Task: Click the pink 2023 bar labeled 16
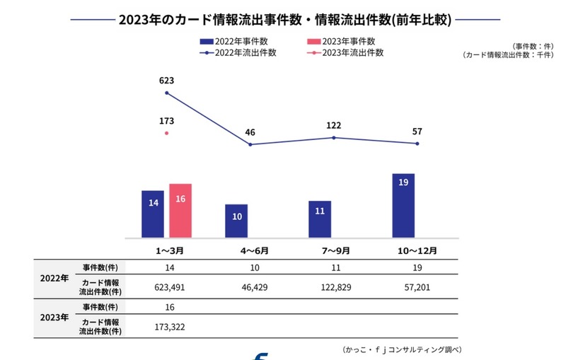pyautogui.click(x=180, y=211)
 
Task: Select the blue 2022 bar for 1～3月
pyautogui.click(x=153, y=214)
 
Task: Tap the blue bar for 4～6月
pyautogui.click(x=236, y=221)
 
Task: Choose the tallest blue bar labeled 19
pyautogui.click(x=403, y=205)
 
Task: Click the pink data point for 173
pyautogui.click(x=167, y=132)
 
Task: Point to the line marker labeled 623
pyautogui.click(x=167, y=93)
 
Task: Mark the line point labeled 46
pyautogui.click(x=250, y=144)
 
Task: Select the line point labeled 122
pyautogui.click(x=334, y=137)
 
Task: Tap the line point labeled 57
pyautogui.click(x=417, y=144)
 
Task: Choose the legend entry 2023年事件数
pyautogui.click(x=342, y=41)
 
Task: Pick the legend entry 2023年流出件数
pyautogui.click(x=347, y=52)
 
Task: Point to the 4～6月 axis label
pyautogui.click(x=250, y=250)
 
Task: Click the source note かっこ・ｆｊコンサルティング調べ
pyautogui.click(x=404, y=349)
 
